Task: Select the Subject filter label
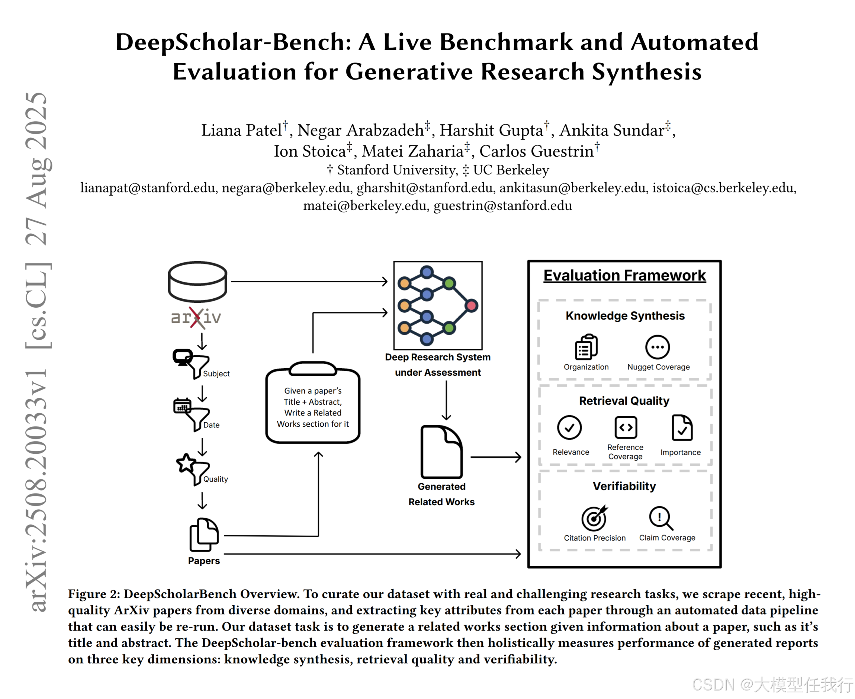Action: (216, 373)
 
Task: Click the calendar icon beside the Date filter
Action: (182, 405)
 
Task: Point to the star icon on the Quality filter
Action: (186, 463)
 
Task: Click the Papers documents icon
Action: (204, 534)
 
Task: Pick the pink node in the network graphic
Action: (471, 306)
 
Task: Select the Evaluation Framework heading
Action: (624, 275)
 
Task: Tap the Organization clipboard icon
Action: (586, 347)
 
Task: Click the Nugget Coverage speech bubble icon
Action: (658, 347)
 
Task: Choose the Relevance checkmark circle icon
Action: (569, 427)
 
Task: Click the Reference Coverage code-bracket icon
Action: (626, 427)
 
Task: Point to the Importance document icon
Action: (682, 427)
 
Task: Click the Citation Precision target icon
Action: (594, 518)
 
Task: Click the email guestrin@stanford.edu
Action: (502, 206)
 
